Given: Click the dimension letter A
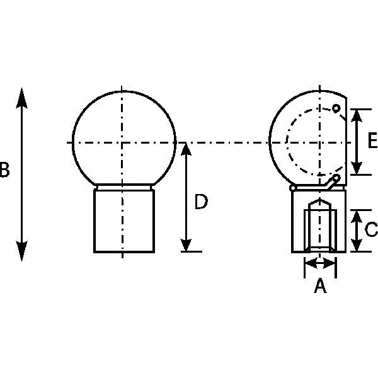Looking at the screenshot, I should click(x=320, y=287).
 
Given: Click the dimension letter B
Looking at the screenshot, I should click(x=4, y=171).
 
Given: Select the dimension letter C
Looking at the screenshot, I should click(x=371, y=229).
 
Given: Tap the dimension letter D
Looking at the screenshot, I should click(x=200, y=202).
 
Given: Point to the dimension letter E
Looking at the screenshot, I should click(x=371, y=140).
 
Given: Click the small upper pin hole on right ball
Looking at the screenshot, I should click(x=337, y=108).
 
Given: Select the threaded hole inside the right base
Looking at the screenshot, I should click(x=320, y=227).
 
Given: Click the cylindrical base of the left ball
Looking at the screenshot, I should click(x=124, y=220).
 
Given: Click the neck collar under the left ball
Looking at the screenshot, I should click(x=124, y=186).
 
